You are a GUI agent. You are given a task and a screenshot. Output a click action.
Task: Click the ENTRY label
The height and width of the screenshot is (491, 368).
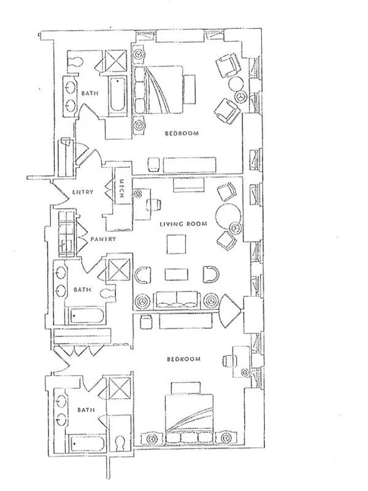83,192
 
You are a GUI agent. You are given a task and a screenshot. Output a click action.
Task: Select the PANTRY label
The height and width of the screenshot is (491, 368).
102,239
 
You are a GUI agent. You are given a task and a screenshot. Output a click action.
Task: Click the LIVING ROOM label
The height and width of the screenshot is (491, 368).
183,224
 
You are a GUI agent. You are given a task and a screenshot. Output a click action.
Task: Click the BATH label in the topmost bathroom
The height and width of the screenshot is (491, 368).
88,93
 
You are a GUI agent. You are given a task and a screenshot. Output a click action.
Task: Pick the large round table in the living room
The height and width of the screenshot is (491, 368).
228,215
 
